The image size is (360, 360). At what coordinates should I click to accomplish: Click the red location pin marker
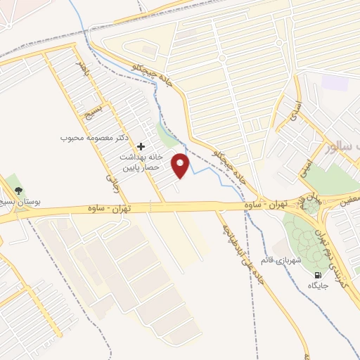point(181,166)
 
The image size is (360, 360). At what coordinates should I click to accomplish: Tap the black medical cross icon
point(141,147)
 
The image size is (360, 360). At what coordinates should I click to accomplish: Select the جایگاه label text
point(319,286)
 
